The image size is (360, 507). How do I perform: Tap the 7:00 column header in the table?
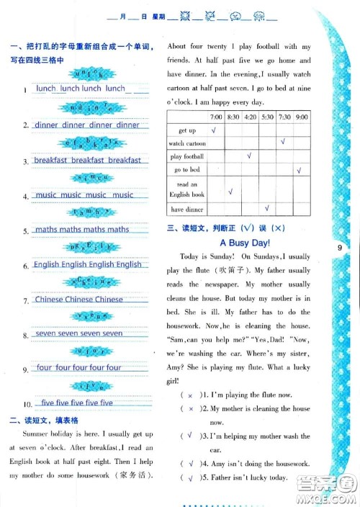215,117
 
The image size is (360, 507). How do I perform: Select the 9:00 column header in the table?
301,117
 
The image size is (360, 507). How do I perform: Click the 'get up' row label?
186,130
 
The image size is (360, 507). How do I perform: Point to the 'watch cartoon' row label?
186,143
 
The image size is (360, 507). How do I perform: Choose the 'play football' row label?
186,156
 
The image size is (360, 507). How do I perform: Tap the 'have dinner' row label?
186,210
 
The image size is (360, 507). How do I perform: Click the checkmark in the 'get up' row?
215,130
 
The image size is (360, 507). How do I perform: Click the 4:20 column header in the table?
249,117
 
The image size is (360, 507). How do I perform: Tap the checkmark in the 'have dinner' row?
266,209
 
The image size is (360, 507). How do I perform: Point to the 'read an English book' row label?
186,189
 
